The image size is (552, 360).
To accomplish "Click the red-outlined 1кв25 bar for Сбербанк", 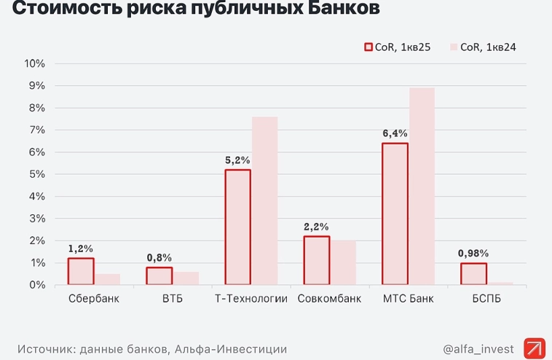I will (81, 271).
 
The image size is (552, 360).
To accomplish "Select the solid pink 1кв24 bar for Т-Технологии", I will (264, 200).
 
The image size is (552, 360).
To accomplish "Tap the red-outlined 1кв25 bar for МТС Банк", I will (395, 214).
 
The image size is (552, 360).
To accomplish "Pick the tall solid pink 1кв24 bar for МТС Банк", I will (422, 186).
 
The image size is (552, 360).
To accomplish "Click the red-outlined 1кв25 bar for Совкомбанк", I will (317, 260).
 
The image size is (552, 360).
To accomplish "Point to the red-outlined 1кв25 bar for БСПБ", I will (473, 273).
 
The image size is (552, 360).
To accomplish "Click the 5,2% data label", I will (238, 159).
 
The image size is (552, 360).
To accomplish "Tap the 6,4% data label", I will (395, 133).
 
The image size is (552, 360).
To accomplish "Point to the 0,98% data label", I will (473, 253).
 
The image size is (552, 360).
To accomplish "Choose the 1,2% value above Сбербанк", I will (81, 249).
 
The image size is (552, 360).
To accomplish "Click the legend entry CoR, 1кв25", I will (398, 47).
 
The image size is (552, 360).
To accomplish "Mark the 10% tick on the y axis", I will (35, 63).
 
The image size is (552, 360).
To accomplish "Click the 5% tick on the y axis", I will (37, 174).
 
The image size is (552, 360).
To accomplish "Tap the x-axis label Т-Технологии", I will (251, 299).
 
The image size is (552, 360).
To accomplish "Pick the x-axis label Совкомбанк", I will (330, 299).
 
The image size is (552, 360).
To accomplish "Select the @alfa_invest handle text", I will (478, 349).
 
